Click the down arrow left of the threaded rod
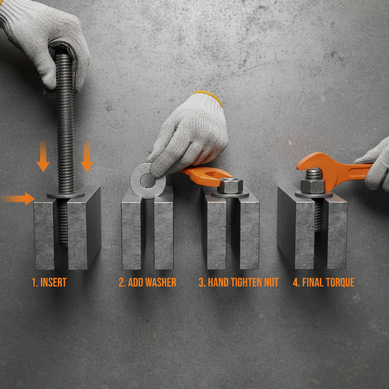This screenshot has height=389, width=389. coord(43,156)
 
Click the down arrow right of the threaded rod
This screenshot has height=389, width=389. coord(87,156)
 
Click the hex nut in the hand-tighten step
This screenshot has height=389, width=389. coord(230,185)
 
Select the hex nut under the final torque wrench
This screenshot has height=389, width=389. coord(313,186)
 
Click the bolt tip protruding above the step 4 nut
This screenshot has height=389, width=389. coord(313,174)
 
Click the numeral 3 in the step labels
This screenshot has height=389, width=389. coord(201,283)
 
